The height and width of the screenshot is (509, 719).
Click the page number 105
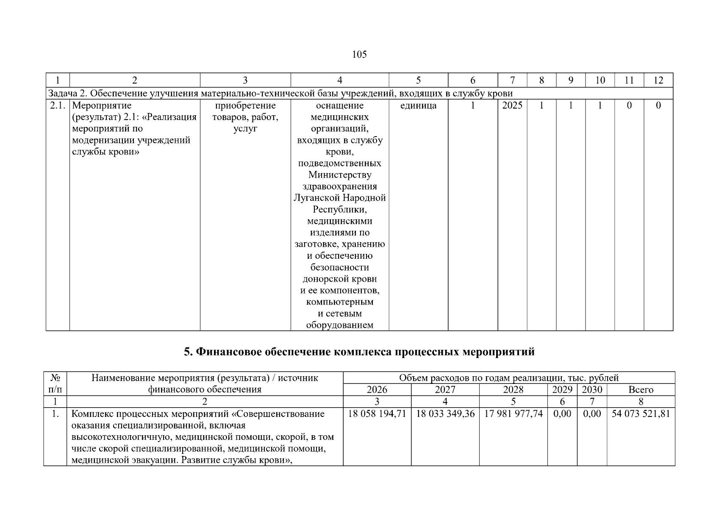[x=359, y=55]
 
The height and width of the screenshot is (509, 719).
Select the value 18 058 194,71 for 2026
[x=377, y=414]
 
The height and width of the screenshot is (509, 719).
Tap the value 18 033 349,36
[x=445, y=414]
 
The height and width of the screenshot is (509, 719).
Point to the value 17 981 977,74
[x=514, y=414]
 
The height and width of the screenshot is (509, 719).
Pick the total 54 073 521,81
[x=641, y=414]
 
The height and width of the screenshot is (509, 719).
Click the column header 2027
[x=445, y=390]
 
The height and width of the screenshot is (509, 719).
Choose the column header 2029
[x=562, y=390]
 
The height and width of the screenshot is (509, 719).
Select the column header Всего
[x=641, y=390]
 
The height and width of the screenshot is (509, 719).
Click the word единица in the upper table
[x=418, y=106]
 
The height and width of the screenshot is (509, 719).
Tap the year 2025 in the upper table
[x=512, y=106]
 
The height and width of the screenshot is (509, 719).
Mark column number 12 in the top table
[x=658, y=80]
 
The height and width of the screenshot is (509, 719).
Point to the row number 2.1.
[x=57, y=106]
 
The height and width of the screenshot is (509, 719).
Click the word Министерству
[x=340, y=175]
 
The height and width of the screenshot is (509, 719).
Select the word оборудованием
[x=340, y=325]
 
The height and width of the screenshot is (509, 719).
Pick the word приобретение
[x=245, y=106]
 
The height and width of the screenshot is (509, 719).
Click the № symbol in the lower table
[x=55, y=378]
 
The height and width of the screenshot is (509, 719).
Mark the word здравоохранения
[x=340, y=187]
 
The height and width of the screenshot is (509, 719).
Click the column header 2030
[x=592, y=390]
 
